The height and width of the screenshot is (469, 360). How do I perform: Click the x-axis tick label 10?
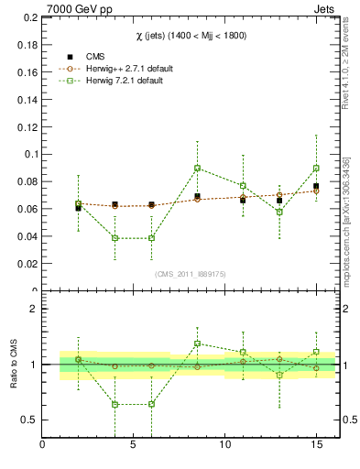point(224,446)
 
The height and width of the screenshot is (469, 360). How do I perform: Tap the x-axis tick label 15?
point(316,446)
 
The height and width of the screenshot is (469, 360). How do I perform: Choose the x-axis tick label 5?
point(134,446)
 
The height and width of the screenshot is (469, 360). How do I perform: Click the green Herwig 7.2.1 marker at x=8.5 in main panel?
point(197,168)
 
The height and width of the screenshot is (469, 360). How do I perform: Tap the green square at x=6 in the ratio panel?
point(152,404)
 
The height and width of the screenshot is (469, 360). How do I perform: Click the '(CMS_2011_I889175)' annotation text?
point(190,274)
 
